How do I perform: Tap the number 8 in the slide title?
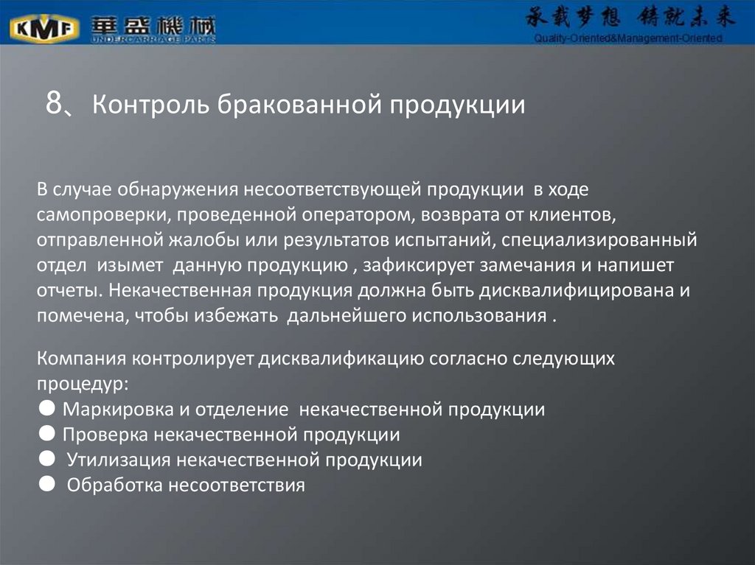53,105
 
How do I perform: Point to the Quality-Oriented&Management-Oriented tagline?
628,38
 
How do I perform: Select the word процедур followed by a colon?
82,384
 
